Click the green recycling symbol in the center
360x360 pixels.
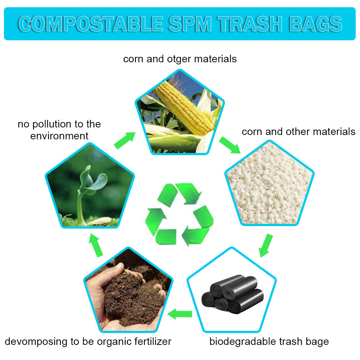(179, 214)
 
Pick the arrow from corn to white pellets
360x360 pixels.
(230, 145)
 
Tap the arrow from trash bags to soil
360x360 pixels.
(180, 314)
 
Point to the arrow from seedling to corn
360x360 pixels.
(125, 140)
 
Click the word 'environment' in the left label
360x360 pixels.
(59, 136)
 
